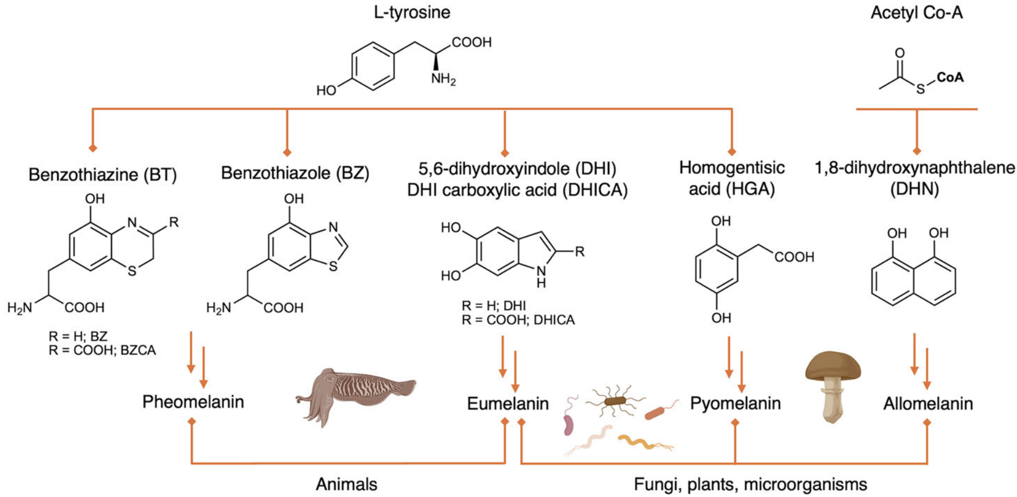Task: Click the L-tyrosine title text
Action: click(412, 12)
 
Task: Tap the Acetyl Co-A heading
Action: click(916, 13)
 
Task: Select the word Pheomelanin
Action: click(193, 401)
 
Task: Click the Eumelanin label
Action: click(507, 404)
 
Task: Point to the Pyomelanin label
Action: click(735, 403)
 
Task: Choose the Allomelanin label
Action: click(928, 404)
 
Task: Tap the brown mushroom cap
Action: click(832, 364)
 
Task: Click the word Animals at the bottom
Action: click(346, 484)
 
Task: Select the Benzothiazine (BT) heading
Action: click(103, 175)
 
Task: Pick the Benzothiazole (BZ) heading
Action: click(295, 173)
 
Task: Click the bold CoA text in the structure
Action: click(950, 77)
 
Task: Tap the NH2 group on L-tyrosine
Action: click(443, 79)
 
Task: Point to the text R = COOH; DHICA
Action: click(518, 320)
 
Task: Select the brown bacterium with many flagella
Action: click(615, 400)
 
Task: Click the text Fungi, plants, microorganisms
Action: click(750, 484)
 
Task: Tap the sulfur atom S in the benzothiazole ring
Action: click(333, 266)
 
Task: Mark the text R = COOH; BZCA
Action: click(102, 350)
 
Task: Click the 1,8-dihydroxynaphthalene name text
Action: click(914, 167)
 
